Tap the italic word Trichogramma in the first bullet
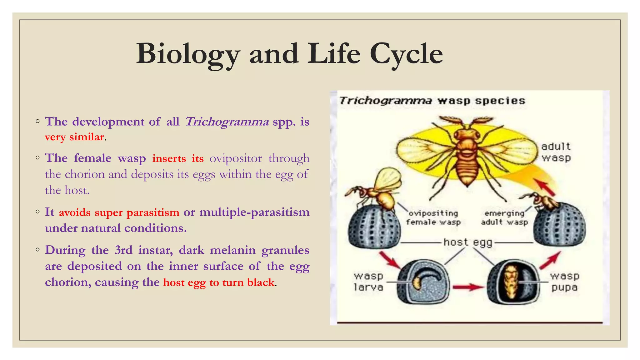227,122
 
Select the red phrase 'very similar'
74,137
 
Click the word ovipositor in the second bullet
236,158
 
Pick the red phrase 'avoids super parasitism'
119,212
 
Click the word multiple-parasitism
254,212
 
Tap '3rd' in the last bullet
123,250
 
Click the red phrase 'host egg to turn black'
219,282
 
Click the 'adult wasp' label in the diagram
556,152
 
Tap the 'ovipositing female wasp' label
433,218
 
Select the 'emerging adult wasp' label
504,218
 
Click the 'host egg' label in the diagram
468,242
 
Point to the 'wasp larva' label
368,281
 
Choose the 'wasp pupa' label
564,281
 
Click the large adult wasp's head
467,133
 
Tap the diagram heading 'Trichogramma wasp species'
432,101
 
